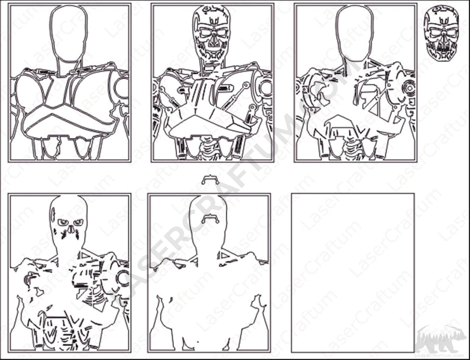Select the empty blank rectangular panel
click(x=352, y=273)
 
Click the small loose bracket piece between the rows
click(x=210, y=180)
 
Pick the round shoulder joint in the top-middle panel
click(x=266, y=88)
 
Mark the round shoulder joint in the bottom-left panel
click(x=123, y=277)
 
